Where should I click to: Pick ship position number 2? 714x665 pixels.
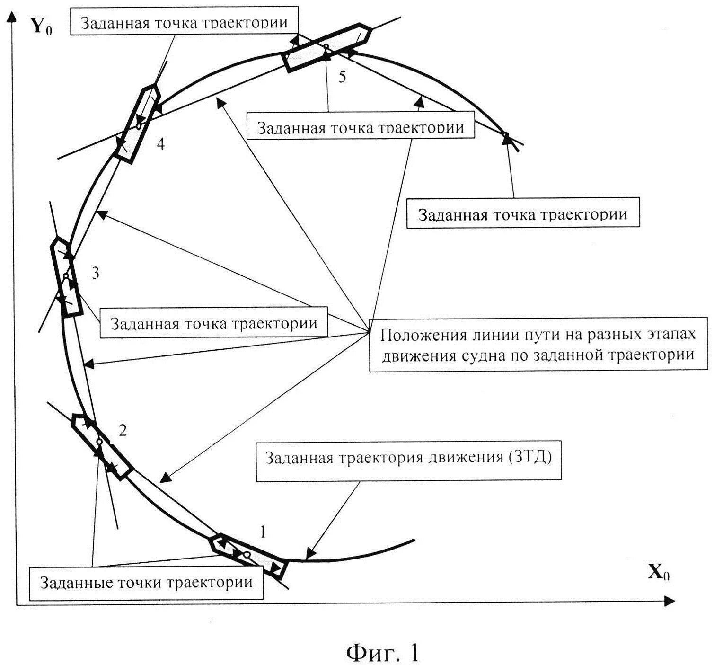[x=123, y=430]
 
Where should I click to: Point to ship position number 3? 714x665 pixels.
[x=96, y=273]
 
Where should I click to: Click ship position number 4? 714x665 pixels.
[x=161, y=143]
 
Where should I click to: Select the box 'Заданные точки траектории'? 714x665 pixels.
[x=146, y=582]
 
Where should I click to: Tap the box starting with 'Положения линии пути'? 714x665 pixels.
[x=538, y=344]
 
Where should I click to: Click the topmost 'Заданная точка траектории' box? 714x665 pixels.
[x=184, y=23]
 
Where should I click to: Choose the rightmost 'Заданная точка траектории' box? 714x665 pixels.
[x=523, y=214]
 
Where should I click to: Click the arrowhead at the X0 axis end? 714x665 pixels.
[x=669, y=602]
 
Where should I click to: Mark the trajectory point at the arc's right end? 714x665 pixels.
[x=505, y=136]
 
